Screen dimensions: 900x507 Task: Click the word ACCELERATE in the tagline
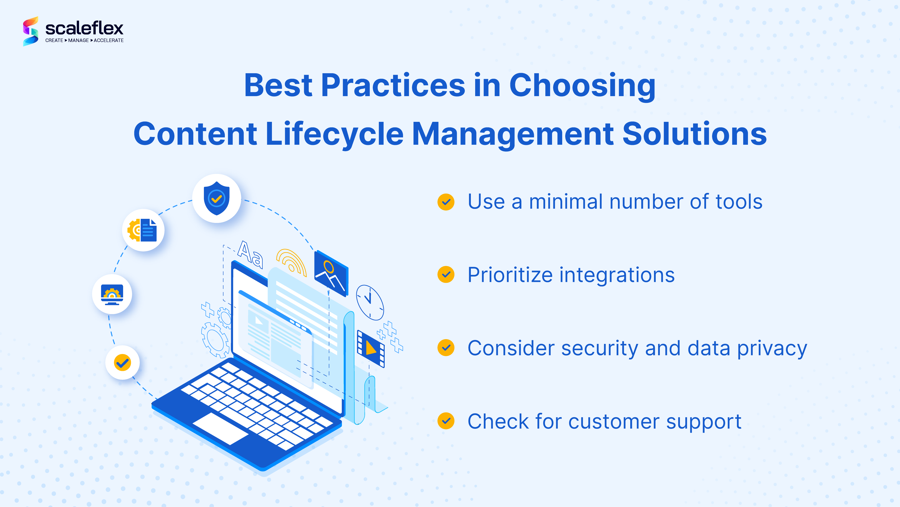point(109,41)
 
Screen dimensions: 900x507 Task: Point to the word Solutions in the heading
point(695,134)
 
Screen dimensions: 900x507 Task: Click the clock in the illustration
point(370,303)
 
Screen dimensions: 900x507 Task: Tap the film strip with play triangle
point(371,349)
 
